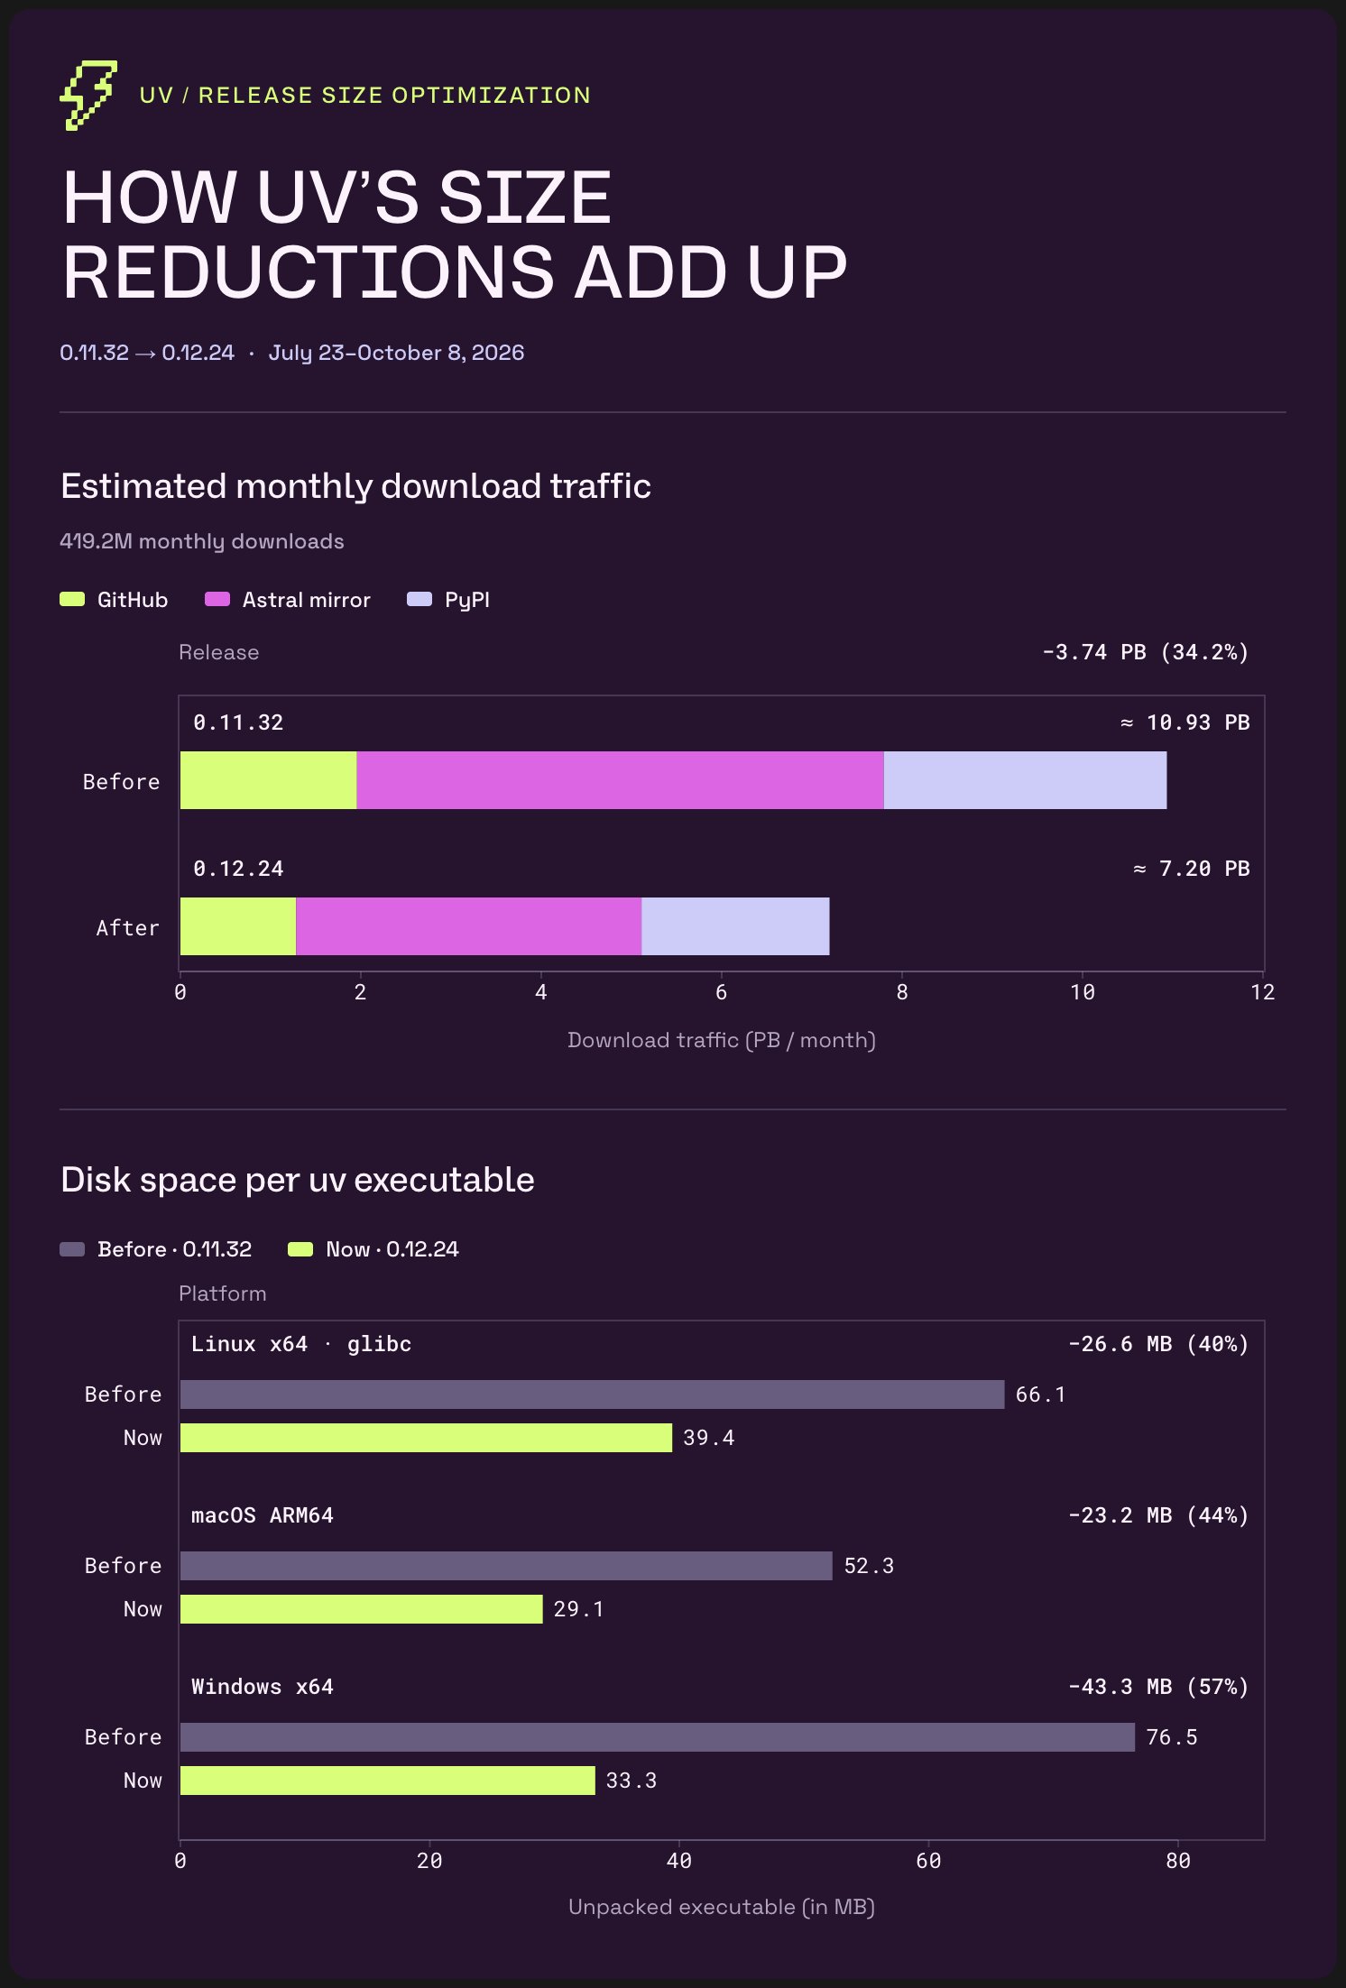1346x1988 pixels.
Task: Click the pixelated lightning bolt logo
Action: click(88, 96)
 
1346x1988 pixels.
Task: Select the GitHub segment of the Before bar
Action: click(269, 780)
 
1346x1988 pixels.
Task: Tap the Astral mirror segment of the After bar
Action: click(469, 926)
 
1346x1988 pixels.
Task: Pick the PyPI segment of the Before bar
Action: click(1025, 780)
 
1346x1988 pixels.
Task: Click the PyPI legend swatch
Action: click(419, 600)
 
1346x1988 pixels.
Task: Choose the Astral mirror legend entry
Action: click(288, 600)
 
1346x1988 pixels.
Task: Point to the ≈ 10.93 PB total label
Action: click(1185, 722)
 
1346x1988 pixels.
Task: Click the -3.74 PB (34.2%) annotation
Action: click(1146, 652)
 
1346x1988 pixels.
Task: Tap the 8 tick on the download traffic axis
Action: click(902, 992)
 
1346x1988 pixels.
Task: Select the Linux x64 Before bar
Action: click(592, 1394)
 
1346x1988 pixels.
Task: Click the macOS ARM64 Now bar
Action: click(362, 1609)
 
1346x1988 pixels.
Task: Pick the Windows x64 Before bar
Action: click(658, 1737)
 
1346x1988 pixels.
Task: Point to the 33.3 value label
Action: click(632, 1781)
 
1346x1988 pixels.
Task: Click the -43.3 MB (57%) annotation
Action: click(1158, 1687)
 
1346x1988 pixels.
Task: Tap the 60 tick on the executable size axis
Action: click(928, 1861)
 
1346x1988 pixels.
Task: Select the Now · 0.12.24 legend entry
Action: click(373, 1249)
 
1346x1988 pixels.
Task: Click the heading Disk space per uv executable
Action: click(298, 1180)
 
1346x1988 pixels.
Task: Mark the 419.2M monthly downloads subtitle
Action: click(202, 541)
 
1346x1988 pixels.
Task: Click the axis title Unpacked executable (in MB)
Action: click(722, 1907)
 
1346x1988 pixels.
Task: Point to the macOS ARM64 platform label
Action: click(263, 1515)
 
